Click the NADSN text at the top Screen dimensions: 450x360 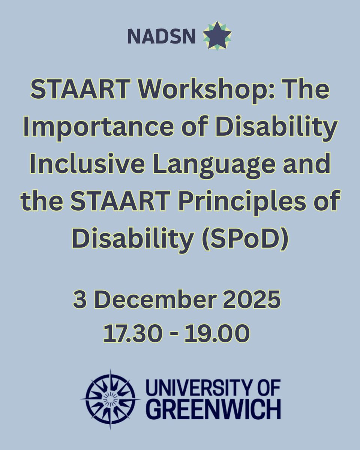pyautogui.click(x=161, y=36)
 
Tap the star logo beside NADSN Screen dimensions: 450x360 pyautogui.click(x=217, y=36)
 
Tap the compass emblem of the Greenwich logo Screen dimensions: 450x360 pyautogui.click(x=110, y=399)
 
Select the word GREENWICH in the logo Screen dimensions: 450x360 pyautogui.click(x=214, y=409)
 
